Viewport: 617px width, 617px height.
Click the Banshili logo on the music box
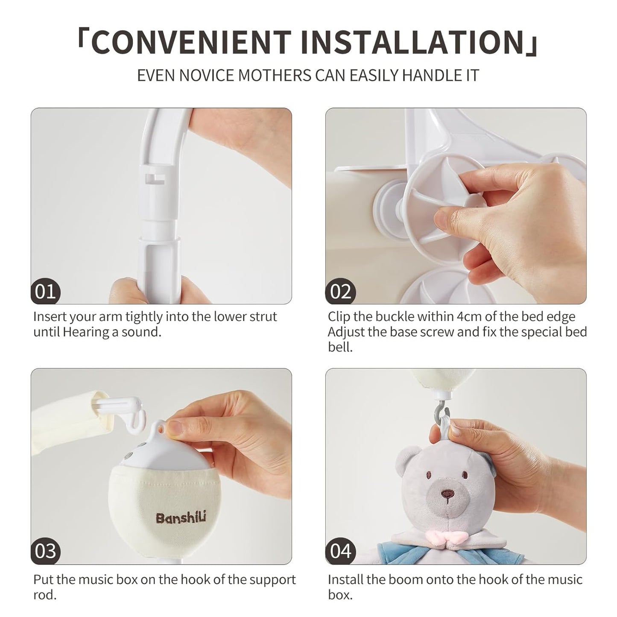pyautogui.click(x=181, y=518)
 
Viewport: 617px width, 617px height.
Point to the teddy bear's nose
pyautogui.click(x=447, y=494)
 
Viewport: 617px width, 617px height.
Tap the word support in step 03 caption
pyautogui.click(x=271, y=579)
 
